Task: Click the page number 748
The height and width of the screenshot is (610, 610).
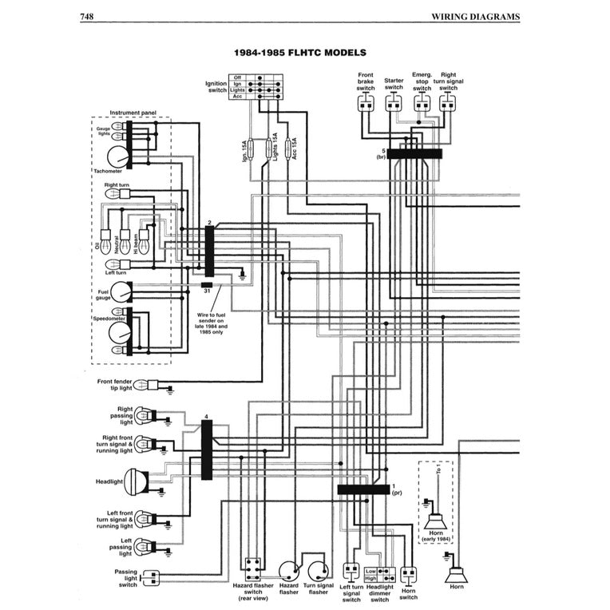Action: (x=89, y=16)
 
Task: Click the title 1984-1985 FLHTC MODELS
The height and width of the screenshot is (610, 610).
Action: (x=299, y=53)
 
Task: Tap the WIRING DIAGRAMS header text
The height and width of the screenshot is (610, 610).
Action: (x=475, y=16)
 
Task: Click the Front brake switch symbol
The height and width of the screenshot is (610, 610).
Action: (x=366, y=102)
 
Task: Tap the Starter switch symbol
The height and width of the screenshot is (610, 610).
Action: (x=394, y=102)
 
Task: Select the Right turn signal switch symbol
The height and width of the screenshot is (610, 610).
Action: (x=449, y=102)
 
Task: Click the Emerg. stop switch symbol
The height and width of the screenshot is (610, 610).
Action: (x=422, y=102)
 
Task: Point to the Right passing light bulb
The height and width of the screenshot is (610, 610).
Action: (x=144, y=415)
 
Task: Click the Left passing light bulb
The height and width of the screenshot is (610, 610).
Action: (x=144, y=547)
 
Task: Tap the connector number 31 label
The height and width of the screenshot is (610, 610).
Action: (x=207, y=292)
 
